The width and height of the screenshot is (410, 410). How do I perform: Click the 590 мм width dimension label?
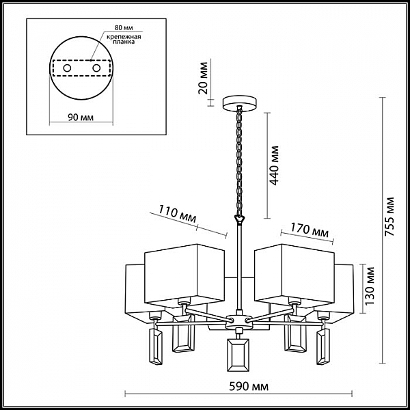(x=249, y=387)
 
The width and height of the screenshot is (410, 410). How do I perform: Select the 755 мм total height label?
(x=389, y=217)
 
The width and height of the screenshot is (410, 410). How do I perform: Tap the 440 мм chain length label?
(x=274, y=165)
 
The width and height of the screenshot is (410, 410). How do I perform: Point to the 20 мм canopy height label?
(x=203, y=78)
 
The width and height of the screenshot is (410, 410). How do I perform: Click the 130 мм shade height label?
(x=370, y=286)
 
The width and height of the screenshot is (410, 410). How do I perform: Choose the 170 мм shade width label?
(x=310, y=230)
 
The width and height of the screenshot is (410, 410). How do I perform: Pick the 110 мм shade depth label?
(x=178, y=214)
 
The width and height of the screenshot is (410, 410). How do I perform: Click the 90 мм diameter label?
(x=81, y=118)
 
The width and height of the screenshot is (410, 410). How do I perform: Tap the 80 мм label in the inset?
(x=124, y=27)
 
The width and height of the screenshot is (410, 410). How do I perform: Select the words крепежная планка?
(x=124, y=39)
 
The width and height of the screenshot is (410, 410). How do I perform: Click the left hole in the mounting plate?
(x=67, y=68)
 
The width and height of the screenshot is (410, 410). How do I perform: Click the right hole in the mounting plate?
(x=96, y=68)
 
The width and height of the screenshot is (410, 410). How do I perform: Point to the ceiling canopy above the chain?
(x=239, y=103)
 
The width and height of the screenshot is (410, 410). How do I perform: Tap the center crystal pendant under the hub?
(x=238, y=355)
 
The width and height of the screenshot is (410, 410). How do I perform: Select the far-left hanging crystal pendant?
(x=156, y=346)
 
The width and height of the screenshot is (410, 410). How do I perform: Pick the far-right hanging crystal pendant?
(x=323, y=346)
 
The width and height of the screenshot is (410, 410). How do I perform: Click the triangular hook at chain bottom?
(x=239, y=219)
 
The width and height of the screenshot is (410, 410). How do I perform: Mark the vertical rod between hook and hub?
(x=239, y=266)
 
